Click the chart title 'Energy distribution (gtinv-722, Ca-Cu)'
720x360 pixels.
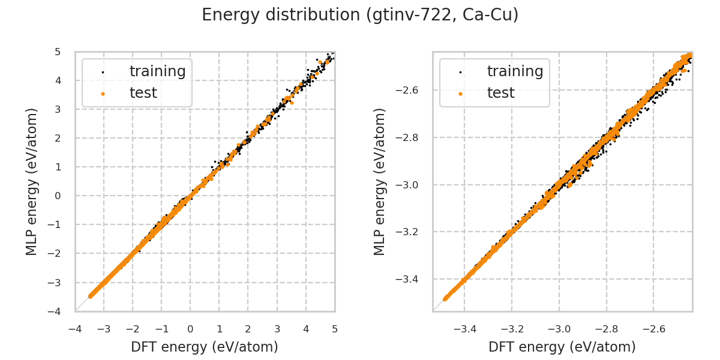pyautogui.click(x=360, y=15)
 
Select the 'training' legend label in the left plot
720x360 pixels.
pyautogui.click(x=157, y=71)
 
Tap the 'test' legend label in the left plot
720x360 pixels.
pyautogui.click(x=143, y=93)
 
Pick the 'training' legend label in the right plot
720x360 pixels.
pyautogui.click(x=515, y=71)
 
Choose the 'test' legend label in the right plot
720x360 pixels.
pyautogui.click(x=500, y=93)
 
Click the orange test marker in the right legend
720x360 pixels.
pyautogui.click(x=460, y=94)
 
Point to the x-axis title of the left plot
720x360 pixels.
pyautogui.click(x=205, y=347)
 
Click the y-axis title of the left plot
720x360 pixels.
pyautogui.click(x=32, y=181)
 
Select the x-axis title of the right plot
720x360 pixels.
pyautogui.click(x=562, y=347)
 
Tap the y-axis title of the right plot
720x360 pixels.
pyautogui.click(x=380, y=181)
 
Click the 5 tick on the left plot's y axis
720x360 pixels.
pyautogui.click(x=58, y=52)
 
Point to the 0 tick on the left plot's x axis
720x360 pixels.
pyautogui.click(x=190, y=329)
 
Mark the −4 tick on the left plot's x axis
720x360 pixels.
pyautogui.click(x=75, y=329)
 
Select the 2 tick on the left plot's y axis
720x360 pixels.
pyautogui.click(x=58, y=138)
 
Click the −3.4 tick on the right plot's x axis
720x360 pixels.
pyautogui.click(x=465, y=329)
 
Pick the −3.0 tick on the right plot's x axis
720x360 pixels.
pyautogui.click(x=559, y=329)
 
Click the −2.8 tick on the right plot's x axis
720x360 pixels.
pyautogui.click(x=606, y=329)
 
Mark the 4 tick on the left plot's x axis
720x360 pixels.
pyautogui.click(x=306, y=329)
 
